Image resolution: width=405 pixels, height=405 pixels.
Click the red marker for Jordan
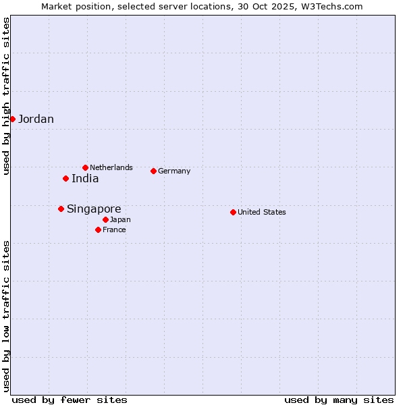(12, 119)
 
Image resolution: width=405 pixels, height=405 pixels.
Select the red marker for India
(65, 178)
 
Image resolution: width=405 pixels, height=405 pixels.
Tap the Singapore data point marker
(61, 209)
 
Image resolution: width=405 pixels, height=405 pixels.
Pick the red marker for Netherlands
(85, 167)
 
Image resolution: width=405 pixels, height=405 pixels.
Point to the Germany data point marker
(153, 171)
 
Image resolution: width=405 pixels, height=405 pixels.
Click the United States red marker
(233, 212)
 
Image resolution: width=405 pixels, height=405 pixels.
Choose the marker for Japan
(105, 219)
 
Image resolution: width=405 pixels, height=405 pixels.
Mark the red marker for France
(98, 230)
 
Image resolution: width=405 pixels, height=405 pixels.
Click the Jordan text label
(36, 119)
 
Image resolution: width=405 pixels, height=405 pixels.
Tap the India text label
(85, 179)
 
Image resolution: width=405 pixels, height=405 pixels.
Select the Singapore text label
(94, 209)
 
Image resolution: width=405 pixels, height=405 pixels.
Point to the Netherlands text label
(111, 167)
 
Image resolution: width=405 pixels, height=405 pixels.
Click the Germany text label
(174, 171)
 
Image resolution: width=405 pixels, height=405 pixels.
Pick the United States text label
(262, 212)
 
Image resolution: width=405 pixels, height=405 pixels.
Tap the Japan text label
(120, 220)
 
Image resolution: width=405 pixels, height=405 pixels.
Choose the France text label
(114, 230)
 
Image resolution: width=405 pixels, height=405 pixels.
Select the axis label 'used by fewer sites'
(70, 400)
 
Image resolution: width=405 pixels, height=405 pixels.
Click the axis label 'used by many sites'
(339, 400)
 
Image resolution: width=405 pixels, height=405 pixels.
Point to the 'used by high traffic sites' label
(6, 96)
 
